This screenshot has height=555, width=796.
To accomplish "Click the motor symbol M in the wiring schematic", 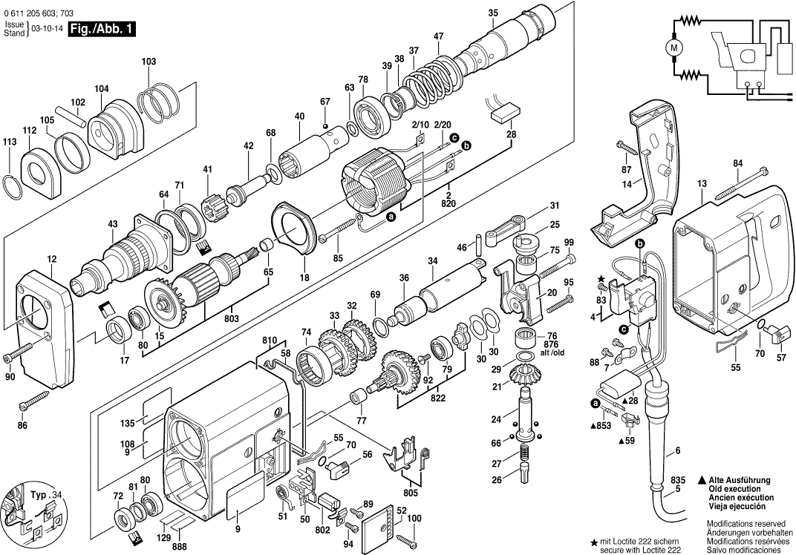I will (x=674, y=47).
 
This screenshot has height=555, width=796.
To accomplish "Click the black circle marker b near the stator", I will (x=466, y=147).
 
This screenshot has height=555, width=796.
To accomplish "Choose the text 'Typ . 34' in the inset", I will (x=42, y=494).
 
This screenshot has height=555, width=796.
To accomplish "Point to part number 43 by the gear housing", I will (x=112, y=224).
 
